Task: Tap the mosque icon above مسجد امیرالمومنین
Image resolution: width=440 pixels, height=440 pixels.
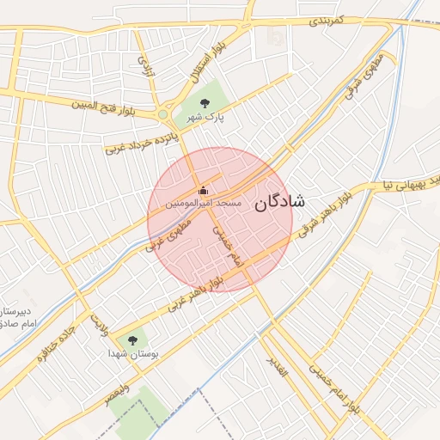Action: point(204,189)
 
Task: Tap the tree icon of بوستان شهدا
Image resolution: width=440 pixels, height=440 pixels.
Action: point(131,340)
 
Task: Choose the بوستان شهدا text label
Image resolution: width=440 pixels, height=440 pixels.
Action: point(130,354)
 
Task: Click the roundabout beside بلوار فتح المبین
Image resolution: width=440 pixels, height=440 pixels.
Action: point(163,113)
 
